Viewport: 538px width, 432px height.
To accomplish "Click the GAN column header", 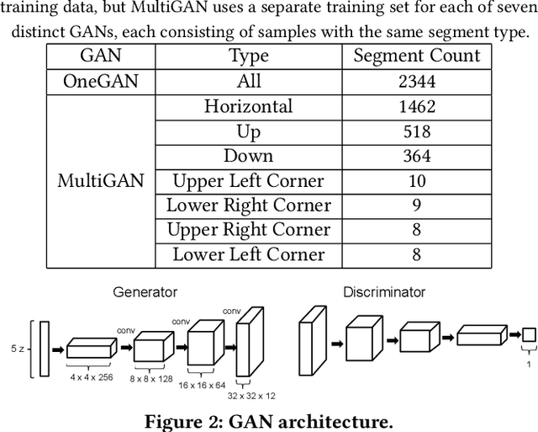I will pos(99,56).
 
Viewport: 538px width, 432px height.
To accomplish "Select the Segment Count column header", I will pos(416,56).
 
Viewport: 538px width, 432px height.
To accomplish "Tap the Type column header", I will pos(249,56).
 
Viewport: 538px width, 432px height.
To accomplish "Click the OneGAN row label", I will pos(99,81).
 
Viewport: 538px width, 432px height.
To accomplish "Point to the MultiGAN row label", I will pos(99,180).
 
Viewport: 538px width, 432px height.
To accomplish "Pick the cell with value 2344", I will pos(416,81).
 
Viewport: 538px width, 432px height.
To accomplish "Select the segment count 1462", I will pos(416,106).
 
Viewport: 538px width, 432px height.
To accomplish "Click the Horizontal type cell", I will pos(249,106).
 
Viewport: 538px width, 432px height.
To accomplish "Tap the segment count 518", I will pos(416,131).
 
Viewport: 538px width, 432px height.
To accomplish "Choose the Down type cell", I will pos(249,156).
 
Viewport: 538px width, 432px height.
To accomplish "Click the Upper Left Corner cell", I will pos(249,180).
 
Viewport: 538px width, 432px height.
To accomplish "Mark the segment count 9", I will pos(416,205).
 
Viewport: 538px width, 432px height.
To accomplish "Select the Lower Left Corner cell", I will pos(249,254).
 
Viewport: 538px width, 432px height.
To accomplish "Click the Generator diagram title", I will pos(145,292).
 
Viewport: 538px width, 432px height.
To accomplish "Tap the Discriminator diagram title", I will pos(384,292).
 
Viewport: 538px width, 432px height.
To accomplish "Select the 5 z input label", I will pos(16,346).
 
